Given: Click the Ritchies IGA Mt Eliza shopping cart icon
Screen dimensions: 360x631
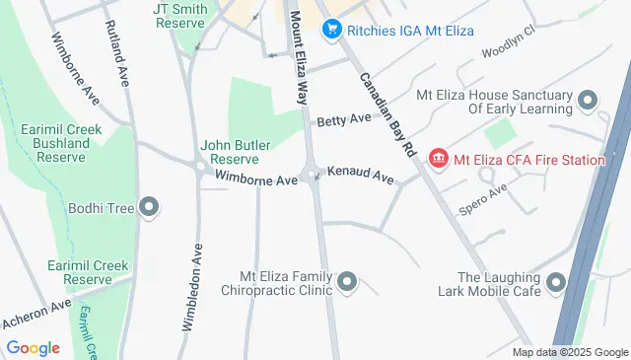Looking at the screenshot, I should coord(332,30).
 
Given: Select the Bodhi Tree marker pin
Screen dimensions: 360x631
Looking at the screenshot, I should coord(149,207).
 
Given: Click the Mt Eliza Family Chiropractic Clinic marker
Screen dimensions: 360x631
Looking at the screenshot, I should coord(346,284).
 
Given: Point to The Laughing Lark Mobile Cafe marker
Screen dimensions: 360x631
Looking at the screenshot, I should coord(557,284).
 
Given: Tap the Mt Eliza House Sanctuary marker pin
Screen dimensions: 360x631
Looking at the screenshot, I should coord(588,102).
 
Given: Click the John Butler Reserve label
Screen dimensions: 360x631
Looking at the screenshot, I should coord(230,152).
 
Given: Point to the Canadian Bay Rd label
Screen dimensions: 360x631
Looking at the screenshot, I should coord(385,112).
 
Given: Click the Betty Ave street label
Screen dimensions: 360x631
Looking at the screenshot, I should coord(344,119).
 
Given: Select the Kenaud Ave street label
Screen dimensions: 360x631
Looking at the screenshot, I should coord(361,175).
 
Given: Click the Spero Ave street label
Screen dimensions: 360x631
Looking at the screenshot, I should coord(483,198).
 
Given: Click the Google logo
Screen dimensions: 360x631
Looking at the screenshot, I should coord(33,347).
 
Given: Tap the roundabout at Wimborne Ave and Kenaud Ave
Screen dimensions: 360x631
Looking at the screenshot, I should coord(313,178).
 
